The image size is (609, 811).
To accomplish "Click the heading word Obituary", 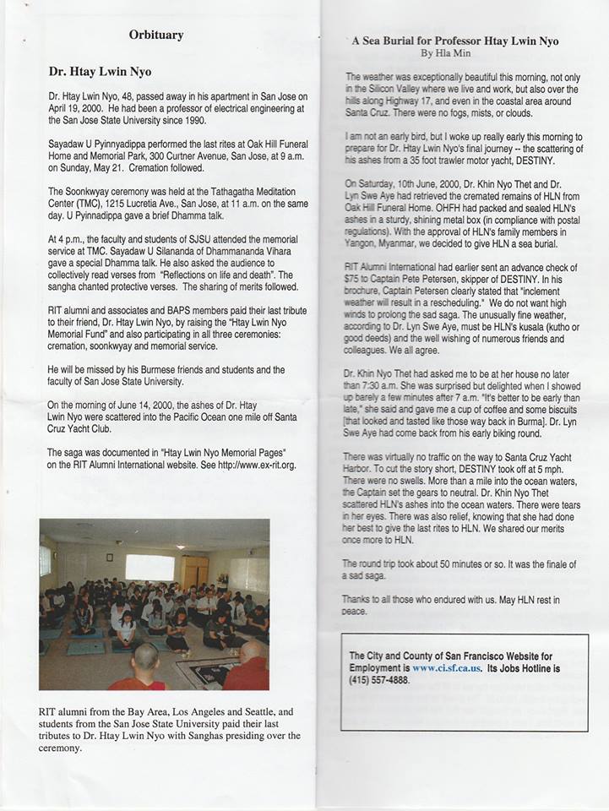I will pos(156,35).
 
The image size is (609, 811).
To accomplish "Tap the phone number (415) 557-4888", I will pos(379,679).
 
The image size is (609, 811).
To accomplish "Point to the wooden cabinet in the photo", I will pos(195,571).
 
